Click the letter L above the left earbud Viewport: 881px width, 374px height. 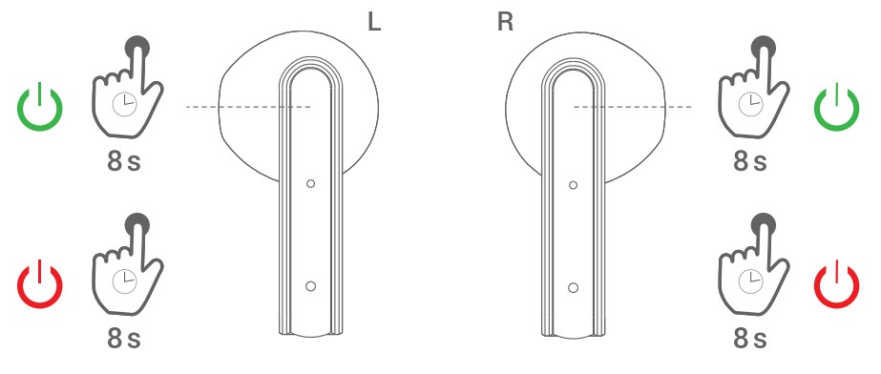pos(375,23)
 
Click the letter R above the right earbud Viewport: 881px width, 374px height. pos(505,23)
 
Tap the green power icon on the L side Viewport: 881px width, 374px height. pos(40,108)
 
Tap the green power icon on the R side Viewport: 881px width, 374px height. pos(836,108)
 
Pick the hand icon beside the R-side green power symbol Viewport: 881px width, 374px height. pos(751,90)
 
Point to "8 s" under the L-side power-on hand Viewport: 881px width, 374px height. pos(124,161)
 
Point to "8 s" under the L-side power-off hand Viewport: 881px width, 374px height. pos(124,338)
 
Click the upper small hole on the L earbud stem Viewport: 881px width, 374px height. pos(310,182)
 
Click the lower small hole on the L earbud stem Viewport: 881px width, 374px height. pos(310,286)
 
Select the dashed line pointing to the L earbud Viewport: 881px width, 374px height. pos(248,107)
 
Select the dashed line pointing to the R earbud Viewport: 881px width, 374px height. pos(632,107)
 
